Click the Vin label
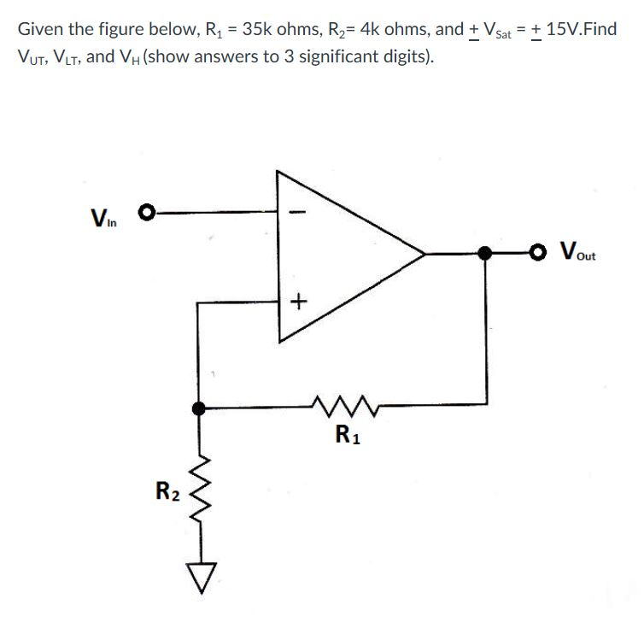pos(104,213)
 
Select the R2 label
pos(167,491)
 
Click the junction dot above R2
pos(200,408)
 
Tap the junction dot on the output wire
pos(485,253)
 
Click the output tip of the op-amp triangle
pos(424,254)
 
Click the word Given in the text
pos(39,29)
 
